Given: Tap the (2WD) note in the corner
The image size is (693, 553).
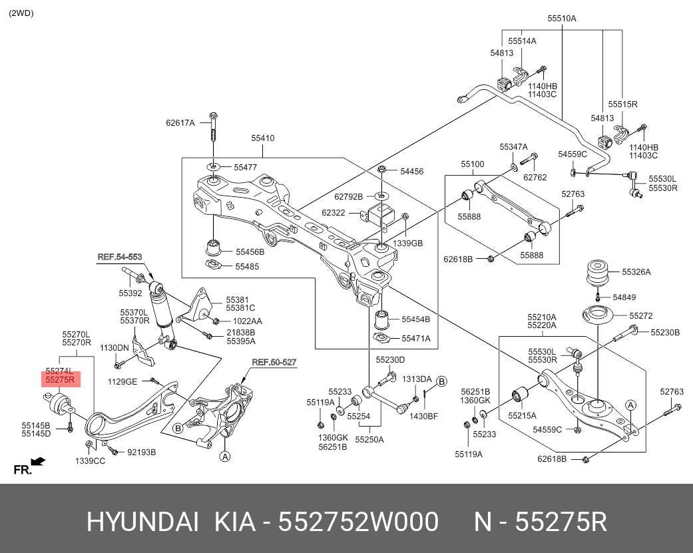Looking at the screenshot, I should point(22,13).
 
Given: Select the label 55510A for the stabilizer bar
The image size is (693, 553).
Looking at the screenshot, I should point(561,19).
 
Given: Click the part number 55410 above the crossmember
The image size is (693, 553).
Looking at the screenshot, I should point(262,138).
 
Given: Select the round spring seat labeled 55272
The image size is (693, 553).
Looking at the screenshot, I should point(597,315).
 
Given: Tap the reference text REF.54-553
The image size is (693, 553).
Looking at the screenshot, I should point(120,257).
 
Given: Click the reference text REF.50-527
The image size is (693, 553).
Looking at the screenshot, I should point(274,363).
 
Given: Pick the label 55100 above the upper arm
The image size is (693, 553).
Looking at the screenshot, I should point(473,164).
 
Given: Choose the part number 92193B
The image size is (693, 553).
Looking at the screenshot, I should point(141,453).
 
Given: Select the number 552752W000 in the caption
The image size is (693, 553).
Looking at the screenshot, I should point(357,522).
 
